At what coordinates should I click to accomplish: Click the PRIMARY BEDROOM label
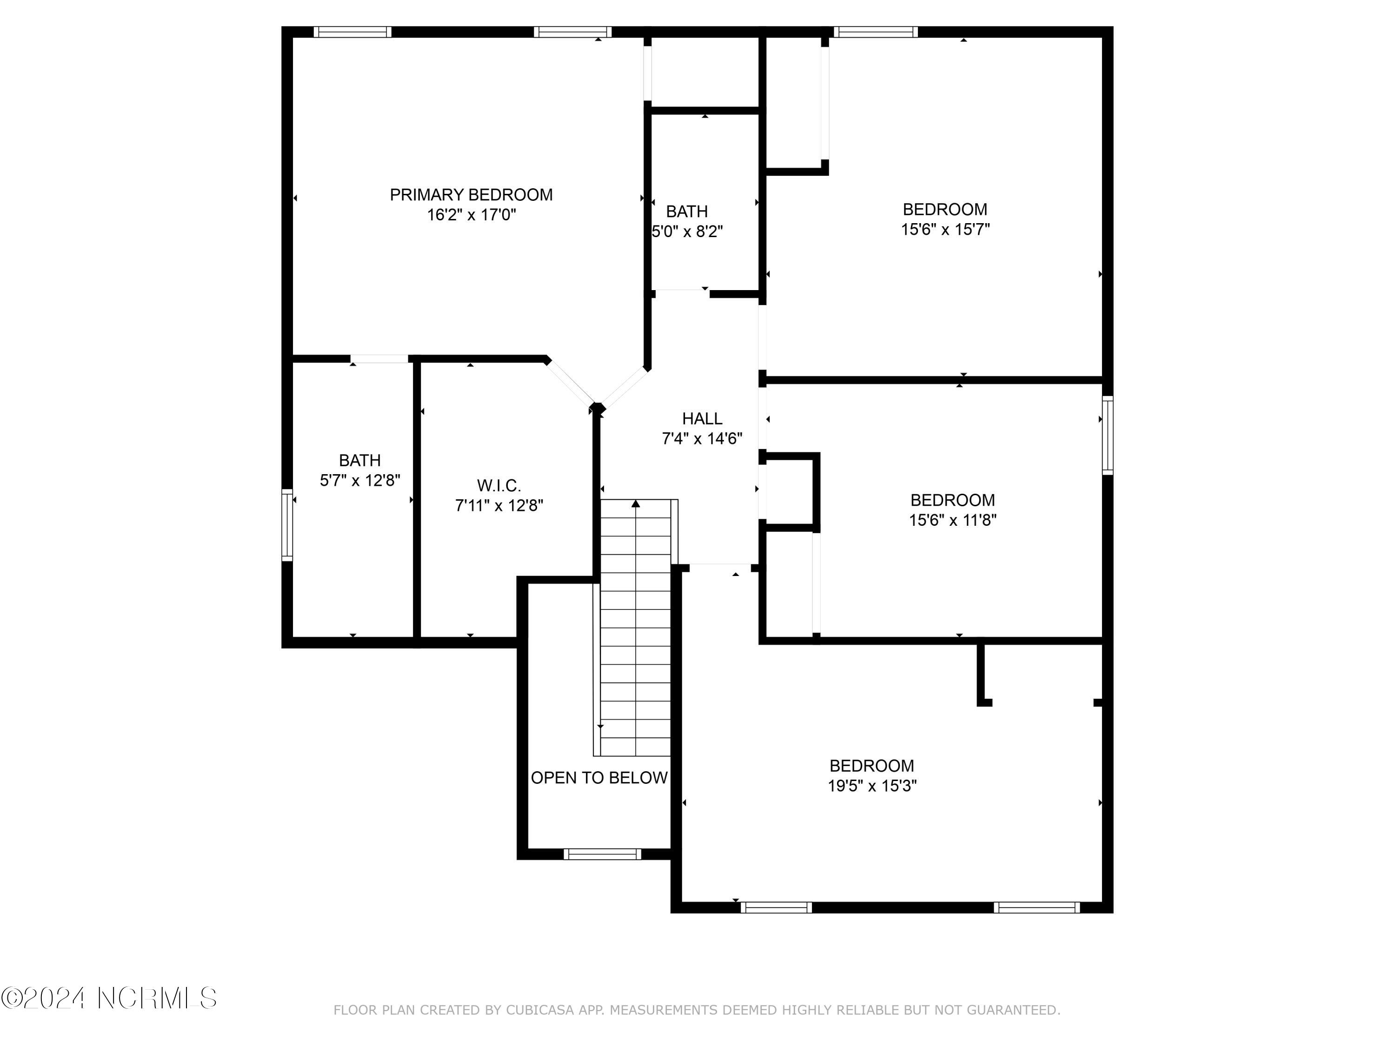click(x=471, y=195)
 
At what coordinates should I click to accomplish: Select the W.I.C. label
click(x=499, y=485)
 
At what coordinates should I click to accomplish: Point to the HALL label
click(x=702, y=419)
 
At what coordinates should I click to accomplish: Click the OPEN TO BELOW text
click(x=598, y=778)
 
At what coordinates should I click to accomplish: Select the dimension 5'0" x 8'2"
click(x=687, y=232)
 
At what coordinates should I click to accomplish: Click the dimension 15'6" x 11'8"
click(x=952, y=521)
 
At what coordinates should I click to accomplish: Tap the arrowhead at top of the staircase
click(x=636, y=504)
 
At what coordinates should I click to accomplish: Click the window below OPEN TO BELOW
click(x=602, y=854)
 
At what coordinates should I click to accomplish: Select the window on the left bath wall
click(x=287, y=525)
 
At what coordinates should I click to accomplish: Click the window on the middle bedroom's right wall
click(x=1108, y=435)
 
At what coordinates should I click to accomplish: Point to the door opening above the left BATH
click(x=379, y=359)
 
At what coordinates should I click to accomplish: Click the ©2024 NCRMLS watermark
click(x=108, y=998)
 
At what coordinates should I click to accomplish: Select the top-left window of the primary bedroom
click(x=352, y=32)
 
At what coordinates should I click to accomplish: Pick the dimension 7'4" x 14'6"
click(x=702, y=439)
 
